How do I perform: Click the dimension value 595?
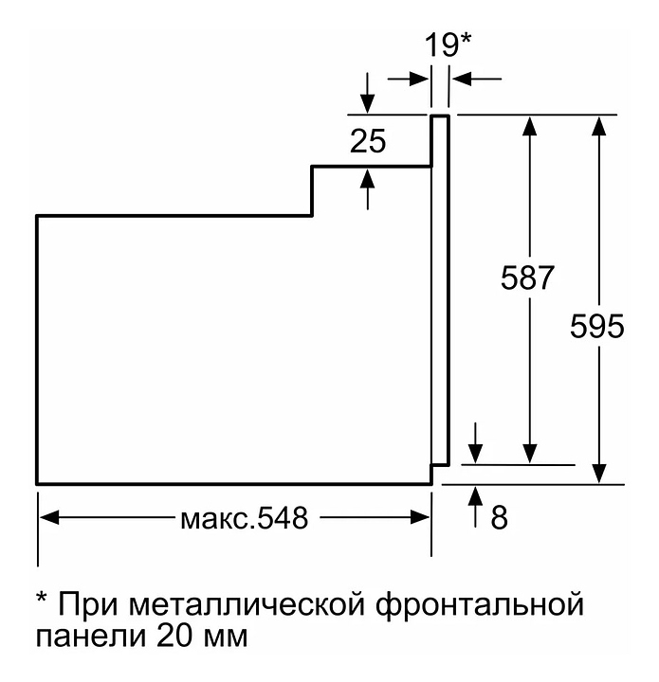point(597,327)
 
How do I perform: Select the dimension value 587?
point(527,278)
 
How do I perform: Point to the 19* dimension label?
point(446,45)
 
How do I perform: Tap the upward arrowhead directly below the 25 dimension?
point(368,176)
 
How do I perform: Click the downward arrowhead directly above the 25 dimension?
point(368,104)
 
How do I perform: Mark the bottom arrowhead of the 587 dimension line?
point(529,456)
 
